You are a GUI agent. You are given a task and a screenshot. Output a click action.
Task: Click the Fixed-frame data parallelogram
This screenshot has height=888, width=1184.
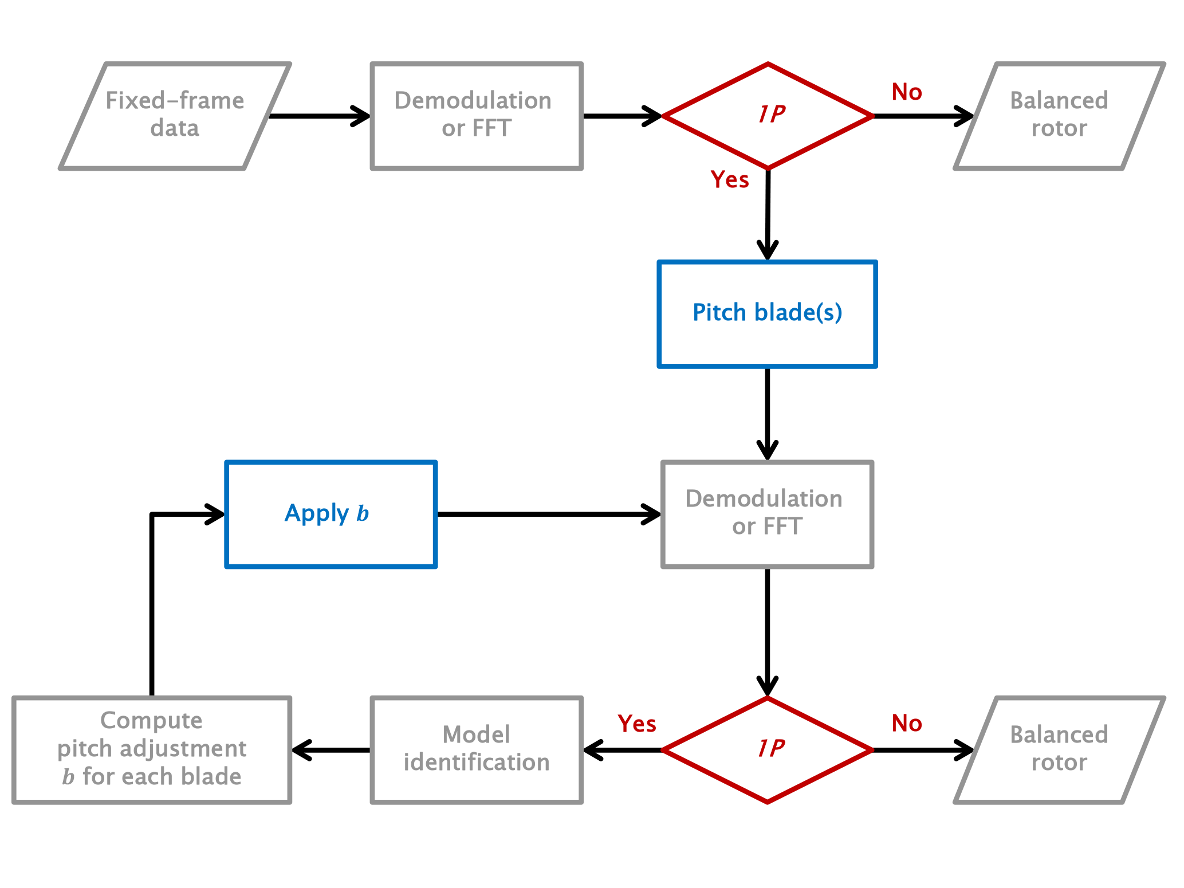[175, 115]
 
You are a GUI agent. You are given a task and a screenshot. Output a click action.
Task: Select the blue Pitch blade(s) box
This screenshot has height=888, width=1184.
[767, 314]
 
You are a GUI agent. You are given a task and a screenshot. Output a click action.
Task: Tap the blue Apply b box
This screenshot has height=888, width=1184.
[331, 514]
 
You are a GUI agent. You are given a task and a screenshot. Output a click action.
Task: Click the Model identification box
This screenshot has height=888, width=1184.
[477, 749]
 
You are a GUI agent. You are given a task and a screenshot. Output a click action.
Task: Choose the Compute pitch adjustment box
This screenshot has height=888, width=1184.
[152, 749]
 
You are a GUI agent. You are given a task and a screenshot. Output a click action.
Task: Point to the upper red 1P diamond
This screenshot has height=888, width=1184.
[768, 116]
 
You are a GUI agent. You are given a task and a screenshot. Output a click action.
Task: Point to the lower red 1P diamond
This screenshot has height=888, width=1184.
[768, 749]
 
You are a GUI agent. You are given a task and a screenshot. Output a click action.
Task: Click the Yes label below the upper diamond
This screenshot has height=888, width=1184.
[729, 180]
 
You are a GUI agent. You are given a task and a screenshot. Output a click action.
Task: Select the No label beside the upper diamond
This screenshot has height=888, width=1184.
[907, 92]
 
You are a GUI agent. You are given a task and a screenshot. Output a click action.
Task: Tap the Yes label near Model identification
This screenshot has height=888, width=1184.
[636, 724]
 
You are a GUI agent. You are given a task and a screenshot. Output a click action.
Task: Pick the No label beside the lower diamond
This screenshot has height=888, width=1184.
[907, 724]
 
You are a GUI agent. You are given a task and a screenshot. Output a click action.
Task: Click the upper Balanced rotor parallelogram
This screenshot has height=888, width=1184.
[1059, 115]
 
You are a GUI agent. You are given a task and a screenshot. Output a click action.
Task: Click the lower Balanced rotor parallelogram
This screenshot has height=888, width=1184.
[1059, 749]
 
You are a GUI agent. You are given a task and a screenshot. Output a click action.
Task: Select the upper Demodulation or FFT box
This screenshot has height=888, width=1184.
[477, 115]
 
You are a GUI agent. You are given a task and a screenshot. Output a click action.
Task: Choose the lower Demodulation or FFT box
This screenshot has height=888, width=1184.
[767, 514]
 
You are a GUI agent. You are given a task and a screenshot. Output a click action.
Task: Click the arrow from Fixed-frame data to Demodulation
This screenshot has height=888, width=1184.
[320, 116]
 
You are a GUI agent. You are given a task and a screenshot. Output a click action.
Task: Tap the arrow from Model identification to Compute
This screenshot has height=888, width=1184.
[332, 750]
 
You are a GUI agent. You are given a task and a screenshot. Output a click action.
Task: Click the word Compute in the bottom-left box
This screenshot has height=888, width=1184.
[151, 721]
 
